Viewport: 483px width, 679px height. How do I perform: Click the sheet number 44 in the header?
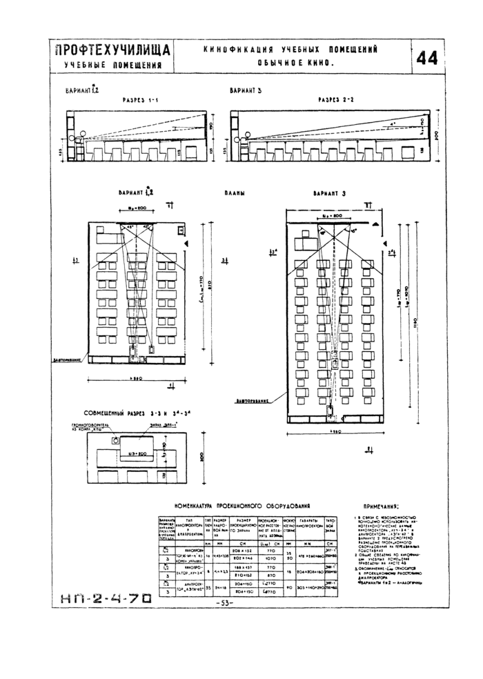click(426, 59)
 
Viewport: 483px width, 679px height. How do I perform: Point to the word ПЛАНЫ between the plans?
click(236, 195)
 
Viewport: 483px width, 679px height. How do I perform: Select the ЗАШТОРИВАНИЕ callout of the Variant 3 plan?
click(252, 401)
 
